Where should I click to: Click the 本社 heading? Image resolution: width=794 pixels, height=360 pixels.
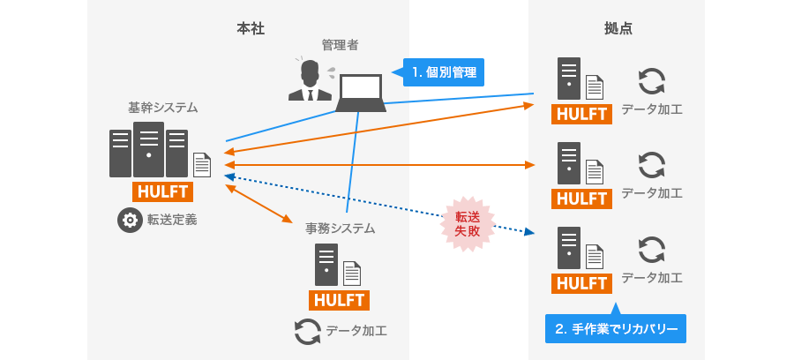tap(251, 29)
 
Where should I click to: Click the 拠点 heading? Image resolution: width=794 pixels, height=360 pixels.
tap(618, 29)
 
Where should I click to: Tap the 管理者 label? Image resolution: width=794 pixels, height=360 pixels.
tap(340, 44)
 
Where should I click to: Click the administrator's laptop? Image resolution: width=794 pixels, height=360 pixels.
tap(361, 93)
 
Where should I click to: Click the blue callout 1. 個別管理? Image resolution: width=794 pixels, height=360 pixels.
tap(445, 72)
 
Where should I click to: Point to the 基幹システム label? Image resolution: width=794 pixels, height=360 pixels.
tap(163, 108)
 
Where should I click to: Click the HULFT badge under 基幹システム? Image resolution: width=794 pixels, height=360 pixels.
tap(163, 191)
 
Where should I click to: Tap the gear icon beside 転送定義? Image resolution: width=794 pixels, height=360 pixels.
tap(130, 220)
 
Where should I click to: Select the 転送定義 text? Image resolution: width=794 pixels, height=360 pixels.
tap(172, 220)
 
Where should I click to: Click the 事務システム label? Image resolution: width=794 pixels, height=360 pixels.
tap(340, 229)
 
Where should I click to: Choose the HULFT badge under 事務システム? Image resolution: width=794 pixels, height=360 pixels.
tap(340, 300)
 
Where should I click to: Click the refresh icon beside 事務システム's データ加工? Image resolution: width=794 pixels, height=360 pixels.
tap(307, 331)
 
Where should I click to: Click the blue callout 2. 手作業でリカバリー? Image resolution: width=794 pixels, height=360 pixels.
tap(616, 329)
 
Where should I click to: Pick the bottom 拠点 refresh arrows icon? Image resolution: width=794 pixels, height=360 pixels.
tap(651, 249)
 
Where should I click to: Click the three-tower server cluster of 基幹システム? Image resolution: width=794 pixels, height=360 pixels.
tap(148, 151)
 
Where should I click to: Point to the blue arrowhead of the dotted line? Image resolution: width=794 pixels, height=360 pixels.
tap(529, 232)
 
